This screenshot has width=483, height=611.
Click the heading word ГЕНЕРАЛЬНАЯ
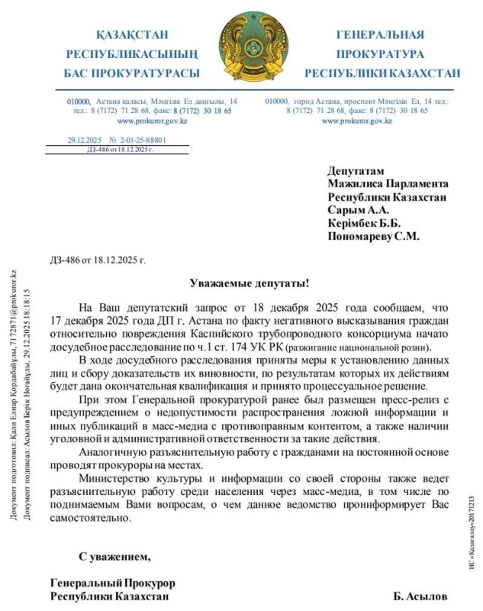coord(380,35)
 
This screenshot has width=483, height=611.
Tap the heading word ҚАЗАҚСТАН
coord(132,35)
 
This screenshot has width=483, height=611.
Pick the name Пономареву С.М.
coord(374,237)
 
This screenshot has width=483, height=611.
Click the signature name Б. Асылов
coord(421,596)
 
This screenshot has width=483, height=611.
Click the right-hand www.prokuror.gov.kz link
coord(356,121)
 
